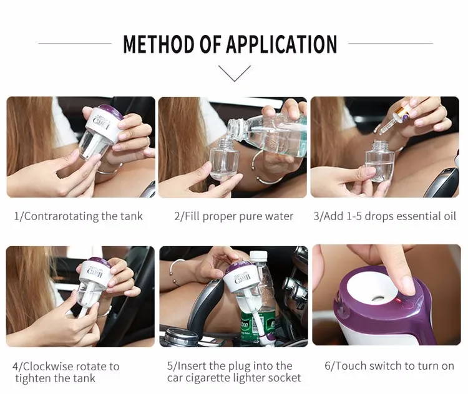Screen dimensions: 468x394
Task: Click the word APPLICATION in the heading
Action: tap(282, 44)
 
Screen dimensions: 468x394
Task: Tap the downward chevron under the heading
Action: tap(234, 74)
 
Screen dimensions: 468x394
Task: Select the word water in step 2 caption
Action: tap(280, 216)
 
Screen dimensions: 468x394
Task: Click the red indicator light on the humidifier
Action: tap(398, 300)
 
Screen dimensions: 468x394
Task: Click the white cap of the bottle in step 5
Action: tap(258, 255)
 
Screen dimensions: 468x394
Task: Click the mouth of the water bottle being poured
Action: tap(233, 126)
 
